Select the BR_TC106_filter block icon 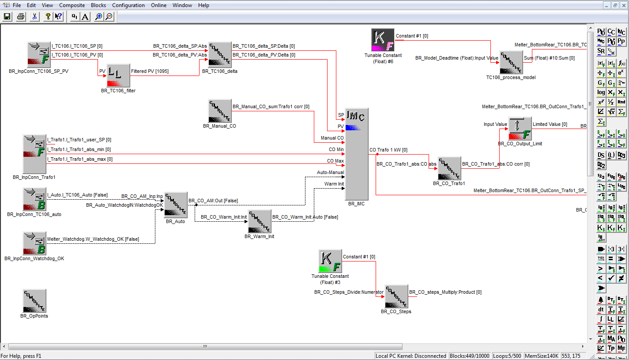[x=118, y=76]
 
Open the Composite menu [x=72, y=5]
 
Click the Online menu [x=158, y=5]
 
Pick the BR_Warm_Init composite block [x=260, y=221]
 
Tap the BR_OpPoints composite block [x=34, y=301]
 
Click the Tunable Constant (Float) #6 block [x=383, y=40]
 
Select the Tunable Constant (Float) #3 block [x=330, y=261]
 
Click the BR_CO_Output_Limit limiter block [x=520, y=129]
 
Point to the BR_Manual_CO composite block [x=220, y=111]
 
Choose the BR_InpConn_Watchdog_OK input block [x=34, y=243]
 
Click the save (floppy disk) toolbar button [x=7, y=16]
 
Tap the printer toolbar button [x=21, y=16]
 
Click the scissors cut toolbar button [x=34, y=16]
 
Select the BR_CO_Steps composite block [x=396, y=296]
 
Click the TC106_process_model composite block [x=511, y=62]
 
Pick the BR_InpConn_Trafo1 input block [x=34, y=154]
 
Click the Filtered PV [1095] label [x=150, y=71]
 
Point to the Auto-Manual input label [x=330, y=173]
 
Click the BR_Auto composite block [x=176, y=205]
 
